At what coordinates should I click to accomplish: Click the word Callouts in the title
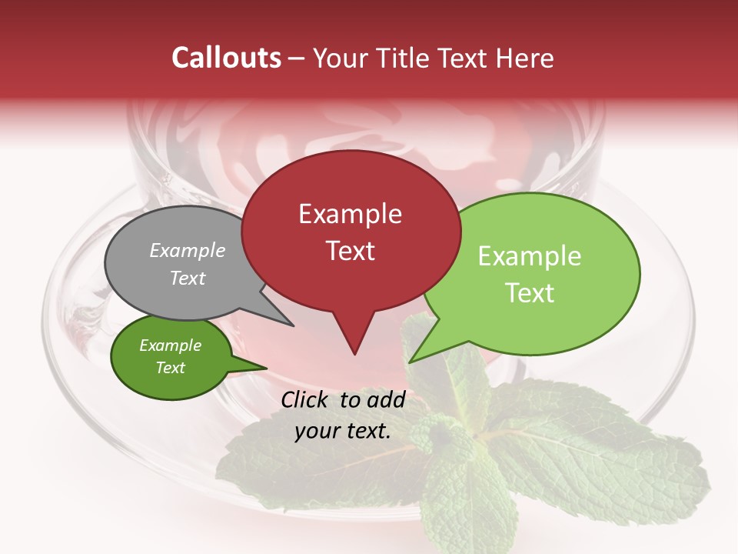226,58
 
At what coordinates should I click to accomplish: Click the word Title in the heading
401,58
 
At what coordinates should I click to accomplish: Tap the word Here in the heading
523,58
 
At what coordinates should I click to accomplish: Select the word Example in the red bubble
350,214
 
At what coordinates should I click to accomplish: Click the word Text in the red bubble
350,251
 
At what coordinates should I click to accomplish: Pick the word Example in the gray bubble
188,251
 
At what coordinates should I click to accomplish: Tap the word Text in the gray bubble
188,278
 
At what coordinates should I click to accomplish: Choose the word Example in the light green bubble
530,256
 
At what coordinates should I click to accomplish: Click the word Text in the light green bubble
530,293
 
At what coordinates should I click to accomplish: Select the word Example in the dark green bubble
171,345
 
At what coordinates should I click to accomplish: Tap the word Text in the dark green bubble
171,368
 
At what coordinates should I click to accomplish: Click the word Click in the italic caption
305,400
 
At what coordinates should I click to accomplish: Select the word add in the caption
386,400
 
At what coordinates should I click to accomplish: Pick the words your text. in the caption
343,431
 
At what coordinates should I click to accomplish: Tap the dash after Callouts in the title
298,58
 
